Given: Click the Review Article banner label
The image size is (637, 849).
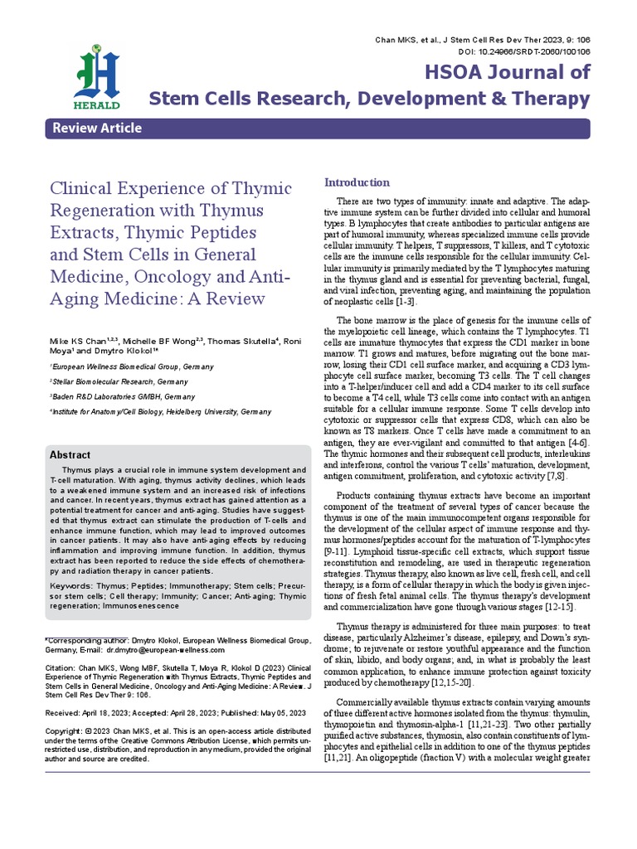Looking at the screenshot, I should click(x=97, y=128).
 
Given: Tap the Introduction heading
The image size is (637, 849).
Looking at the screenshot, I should click(x=356, y=182).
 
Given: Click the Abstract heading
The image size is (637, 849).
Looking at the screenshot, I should click(x=71, y=455).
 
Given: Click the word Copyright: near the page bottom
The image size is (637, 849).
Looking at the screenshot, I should click(x=65, y=730).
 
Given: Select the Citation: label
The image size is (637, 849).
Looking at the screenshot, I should click(x=60, y=667).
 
